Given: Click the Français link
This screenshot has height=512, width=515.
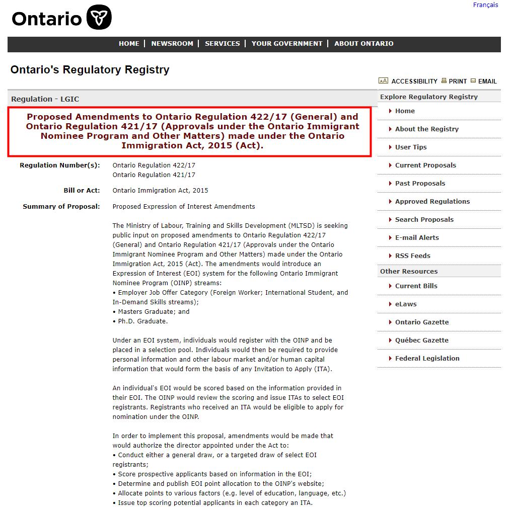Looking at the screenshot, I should (485, 5).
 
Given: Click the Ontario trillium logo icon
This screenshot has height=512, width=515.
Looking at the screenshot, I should (99, 18).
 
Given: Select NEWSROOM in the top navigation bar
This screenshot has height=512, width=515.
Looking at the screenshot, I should (172, 44).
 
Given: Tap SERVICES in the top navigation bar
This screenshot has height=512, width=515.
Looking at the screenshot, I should (222, 44).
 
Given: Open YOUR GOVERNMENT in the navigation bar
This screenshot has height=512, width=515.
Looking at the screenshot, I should (287, 44).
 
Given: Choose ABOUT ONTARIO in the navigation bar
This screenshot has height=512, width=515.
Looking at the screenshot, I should (364, 44).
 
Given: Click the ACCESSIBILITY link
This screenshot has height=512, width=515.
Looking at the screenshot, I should (414, 81).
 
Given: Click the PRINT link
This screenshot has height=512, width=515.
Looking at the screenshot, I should (458, 81).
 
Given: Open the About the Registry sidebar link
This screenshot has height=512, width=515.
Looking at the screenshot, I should (427, 129).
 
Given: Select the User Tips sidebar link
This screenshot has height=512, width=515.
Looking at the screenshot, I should (411, 147).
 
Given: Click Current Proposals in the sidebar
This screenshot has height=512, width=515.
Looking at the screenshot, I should (425, 165).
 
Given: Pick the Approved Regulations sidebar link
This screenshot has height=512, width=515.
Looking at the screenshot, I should (432, 202).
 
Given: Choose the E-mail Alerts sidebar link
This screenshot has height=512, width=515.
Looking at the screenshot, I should (417, 238).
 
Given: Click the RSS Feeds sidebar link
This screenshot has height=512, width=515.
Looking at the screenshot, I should (413, 256).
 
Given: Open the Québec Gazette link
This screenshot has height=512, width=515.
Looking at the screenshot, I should (422, 340).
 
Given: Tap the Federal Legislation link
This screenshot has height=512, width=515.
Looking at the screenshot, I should (427, 359).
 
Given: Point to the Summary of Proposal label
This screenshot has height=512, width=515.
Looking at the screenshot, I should (61, 207).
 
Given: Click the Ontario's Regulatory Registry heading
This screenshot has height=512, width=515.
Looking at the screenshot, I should (90, 70).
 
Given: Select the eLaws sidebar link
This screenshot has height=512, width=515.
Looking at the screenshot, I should (406, 304).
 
